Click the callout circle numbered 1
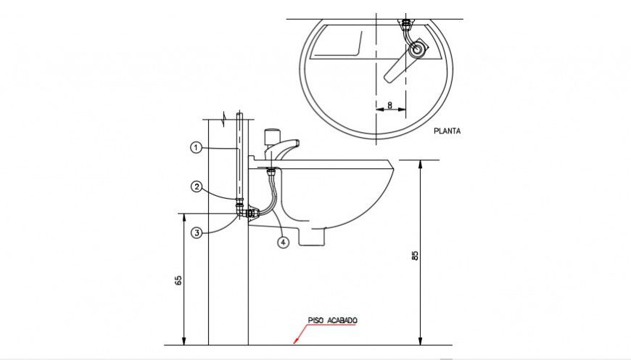click(196, 147)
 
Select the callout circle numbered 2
click(196, 187)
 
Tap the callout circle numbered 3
click(196, 233)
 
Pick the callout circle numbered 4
click(283, 242)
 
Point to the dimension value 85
click(415, 255)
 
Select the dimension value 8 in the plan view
click(390, 105)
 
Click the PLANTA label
click(447, 131)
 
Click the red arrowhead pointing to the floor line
click(295, 340)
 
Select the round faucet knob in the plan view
click(417, 49)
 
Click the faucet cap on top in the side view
click(272, 136)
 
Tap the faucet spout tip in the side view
click(297, 144)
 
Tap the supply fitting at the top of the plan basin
click(407, 25)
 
